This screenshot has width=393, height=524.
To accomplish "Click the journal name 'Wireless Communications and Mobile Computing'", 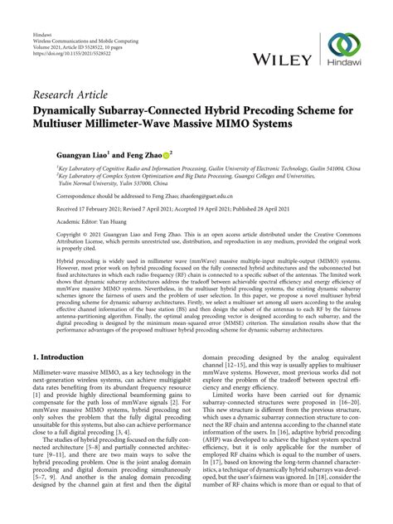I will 85,19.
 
